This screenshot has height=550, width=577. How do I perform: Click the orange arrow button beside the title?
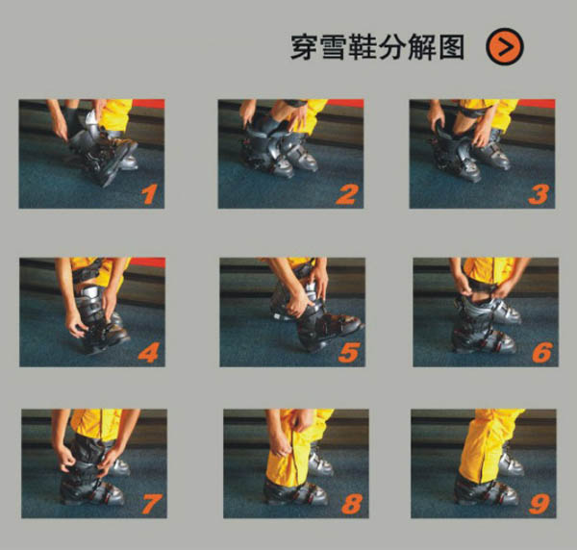click(505, 47)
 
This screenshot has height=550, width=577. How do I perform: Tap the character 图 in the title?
click(452, 47)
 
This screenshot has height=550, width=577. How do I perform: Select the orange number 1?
click(149, 194)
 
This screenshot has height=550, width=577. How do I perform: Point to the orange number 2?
click(346, 194)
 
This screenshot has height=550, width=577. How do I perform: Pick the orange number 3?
click(539, 194)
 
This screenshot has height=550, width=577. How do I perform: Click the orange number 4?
click(149, 353)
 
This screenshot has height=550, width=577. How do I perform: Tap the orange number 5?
click(348, 353)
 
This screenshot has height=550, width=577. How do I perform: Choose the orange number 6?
click(542, 353)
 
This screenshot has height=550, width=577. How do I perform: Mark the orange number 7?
click(152, 504)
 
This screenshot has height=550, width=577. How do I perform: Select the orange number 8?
click(352, 504)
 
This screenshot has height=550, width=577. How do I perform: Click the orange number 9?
click(539, 504)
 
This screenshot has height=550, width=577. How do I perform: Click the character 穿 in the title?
click(304, 47)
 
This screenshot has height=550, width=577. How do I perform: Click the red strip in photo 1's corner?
click(148, 104)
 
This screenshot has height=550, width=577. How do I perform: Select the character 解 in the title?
click(422, 47)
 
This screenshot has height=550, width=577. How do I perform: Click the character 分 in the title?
click(392, 47)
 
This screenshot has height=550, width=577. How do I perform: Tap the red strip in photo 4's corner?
click(147, 262)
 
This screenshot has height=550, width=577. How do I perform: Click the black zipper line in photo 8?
click(294, 456)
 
